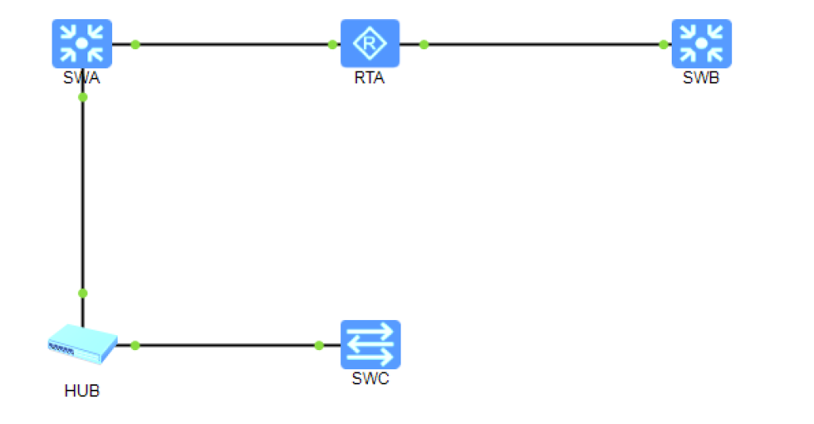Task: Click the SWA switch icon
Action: coord(82,43)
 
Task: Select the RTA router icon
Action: coord(370,43)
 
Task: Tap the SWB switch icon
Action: coord(701,43)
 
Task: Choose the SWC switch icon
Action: coord(370,344)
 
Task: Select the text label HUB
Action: coord(82,391)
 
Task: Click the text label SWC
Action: coord(370,379)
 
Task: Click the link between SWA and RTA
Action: coord(234,44)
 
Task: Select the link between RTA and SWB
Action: coord(544,44)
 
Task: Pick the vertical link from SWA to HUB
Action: coord(83,195)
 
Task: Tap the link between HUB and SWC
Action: coord(227,345)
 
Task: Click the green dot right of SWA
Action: coord(135,44)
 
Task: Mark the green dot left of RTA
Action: coord(332,44)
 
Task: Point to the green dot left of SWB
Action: coord(664,44)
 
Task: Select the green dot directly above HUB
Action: coord(83,293)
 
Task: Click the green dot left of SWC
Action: coord(319,345)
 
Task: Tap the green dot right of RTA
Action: coord(424,44)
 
